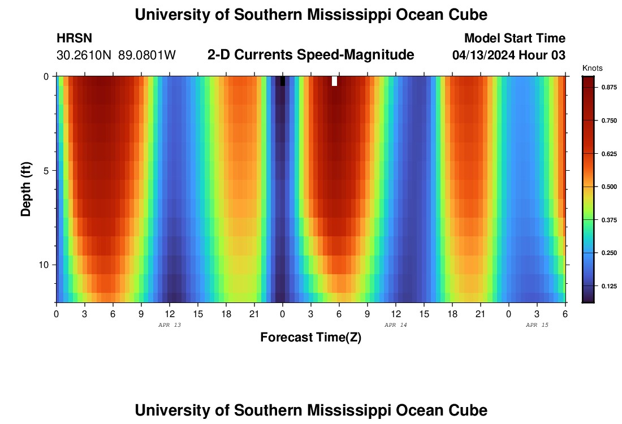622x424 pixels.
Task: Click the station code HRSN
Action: click(74, 38)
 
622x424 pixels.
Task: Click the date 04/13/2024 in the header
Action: click(487, 55)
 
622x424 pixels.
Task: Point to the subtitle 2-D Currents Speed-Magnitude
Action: click(311, 55)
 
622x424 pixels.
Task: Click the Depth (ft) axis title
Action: click(26, 189)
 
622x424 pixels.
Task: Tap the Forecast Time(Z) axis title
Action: click(310, 338)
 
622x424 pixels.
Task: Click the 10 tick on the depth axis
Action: click(45, 265)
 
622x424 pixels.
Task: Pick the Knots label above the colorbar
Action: click(592, 68)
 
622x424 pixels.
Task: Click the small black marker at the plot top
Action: click(283, 81)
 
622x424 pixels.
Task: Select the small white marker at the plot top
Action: click(334, 81)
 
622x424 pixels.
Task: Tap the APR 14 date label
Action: click(395, 325)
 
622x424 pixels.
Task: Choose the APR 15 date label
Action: click(537, 325)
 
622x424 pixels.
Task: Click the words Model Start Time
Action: click(515, 38)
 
